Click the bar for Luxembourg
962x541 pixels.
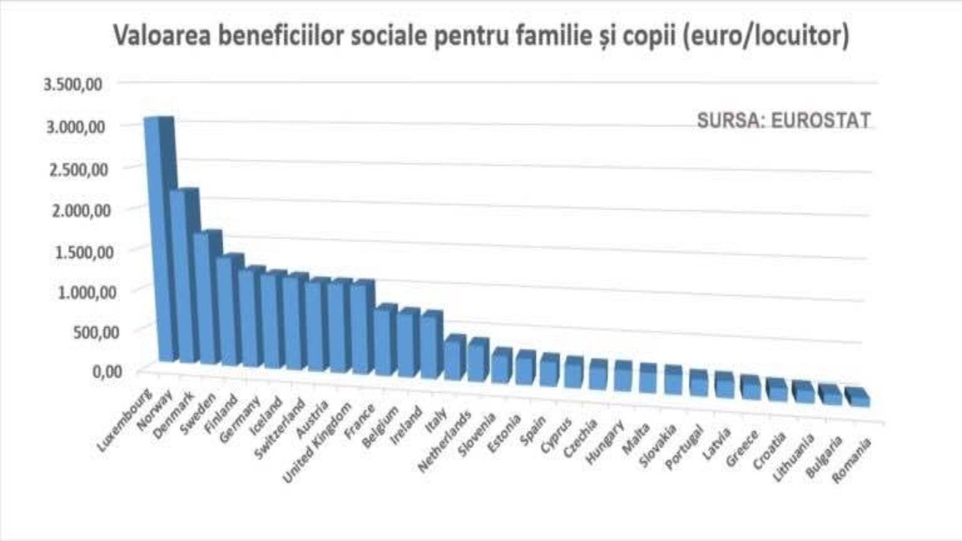(x=154, y=240)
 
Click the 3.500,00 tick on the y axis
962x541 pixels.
(x=73, y=84)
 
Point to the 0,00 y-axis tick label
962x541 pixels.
(x=106, y=371)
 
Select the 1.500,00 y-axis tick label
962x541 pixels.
(x=84, y=252)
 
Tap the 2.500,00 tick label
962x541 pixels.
(x=78, y=169)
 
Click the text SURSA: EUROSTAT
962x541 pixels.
(x=783, y=121)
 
